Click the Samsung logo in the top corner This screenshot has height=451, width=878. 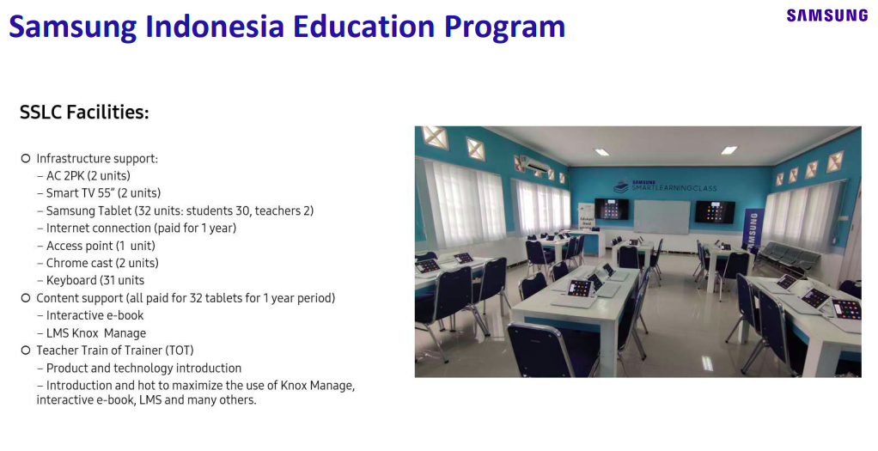826,15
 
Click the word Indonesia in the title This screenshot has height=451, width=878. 215,26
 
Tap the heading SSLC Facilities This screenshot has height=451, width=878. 84,113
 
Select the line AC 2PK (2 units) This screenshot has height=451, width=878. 88,176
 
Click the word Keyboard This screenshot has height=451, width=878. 71,281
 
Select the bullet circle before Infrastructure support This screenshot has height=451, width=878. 25,159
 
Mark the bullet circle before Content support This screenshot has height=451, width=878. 25,298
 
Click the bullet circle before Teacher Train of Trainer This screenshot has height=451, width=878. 25,350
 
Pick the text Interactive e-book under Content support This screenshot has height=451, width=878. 95,315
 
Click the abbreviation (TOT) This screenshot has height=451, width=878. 180,350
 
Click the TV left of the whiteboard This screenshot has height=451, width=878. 612,209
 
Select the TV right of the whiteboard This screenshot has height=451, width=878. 715,212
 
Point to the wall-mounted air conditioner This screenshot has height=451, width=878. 536,165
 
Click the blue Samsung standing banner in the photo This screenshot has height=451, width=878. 753,229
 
